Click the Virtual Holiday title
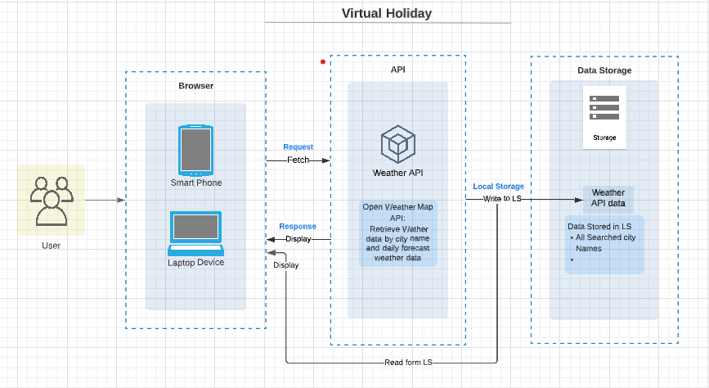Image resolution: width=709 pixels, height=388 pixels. click(x=387, y=14)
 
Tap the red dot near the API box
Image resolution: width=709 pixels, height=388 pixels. click(x=323, y=61)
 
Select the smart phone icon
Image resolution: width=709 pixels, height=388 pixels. click(x=195, y=151)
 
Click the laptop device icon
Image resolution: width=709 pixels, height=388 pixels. click(x=195, y=233)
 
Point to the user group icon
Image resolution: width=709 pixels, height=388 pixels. click(x=51, y=201)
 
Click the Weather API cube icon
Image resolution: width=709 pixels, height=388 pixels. click(x=398, y=144)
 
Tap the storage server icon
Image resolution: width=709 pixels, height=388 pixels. click(x=604, y=108)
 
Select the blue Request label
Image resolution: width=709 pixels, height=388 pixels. click(x=298, y=147)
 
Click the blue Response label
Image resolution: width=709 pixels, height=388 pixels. click(x=298, y=227)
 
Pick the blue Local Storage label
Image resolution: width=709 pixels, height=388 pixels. click(x=498, y=186)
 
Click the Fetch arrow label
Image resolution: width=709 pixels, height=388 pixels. click(x=298, y=160)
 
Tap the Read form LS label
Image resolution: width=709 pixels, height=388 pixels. click(x=408, y=362)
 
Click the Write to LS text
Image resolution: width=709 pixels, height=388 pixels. click(x=502, y=198)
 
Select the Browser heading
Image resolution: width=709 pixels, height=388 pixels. click(x=195, y=86)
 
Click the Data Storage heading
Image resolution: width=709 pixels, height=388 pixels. click(x=604, y=70)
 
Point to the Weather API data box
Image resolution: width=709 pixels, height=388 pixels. click(x=608, y=198)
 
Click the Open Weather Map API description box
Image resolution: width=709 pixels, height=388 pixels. click(x=398, y=232)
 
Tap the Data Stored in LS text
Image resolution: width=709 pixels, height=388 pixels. click(x=599, y=227)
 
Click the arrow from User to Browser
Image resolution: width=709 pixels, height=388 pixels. click(x=105, y=200)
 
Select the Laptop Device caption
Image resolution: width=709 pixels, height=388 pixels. click(x=195, y=263)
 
